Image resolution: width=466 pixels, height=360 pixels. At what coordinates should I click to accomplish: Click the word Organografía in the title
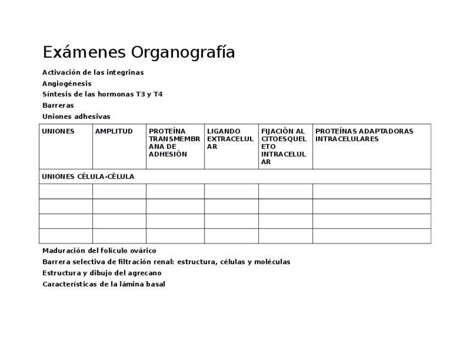click(x=183, y=53)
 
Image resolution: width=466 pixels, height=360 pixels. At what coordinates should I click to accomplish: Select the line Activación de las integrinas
click(x=93, y=73)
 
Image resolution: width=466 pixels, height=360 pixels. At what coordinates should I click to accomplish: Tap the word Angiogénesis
click(x=67, y=84)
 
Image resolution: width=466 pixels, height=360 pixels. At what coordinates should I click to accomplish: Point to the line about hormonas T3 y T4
click(x=102, y=95)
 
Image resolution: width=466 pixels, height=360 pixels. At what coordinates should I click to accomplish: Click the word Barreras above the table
click(x=58, y=106)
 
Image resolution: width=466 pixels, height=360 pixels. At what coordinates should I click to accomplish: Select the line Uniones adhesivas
click(x=76, y=117)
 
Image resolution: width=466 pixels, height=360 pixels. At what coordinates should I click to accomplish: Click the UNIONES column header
click(x=58, y=131)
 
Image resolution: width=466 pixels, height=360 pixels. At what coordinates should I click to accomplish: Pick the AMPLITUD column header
click(x=114, y=131)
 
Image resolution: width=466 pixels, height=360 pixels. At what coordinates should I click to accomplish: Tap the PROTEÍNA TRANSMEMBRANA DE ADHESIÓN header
click(x=174, y=143)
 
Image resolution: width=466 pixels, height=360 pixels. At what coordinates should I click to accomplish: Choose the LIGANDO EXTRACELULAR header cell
click(x=230, y=139)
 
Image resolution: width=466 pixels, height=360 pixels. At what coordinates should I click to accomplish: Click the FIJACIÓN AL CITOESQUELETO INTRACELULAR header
click(x=284, y=147)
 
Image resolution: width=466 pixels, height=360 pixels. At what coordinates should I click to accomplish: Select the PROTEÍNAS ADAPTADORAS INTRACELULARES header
click(x=364, y=135)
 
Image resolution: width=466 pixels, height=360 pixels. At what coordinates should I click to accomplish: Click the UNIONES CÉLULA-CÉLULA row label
click(x=88, y=176)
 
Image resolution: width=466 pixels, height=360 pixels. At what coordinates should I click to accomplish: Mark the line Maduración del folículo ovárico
click(x=99, y=251)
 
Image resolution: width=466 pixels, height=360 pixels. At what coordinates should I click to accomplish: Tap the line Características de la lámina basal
click(x=104, y=284)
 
